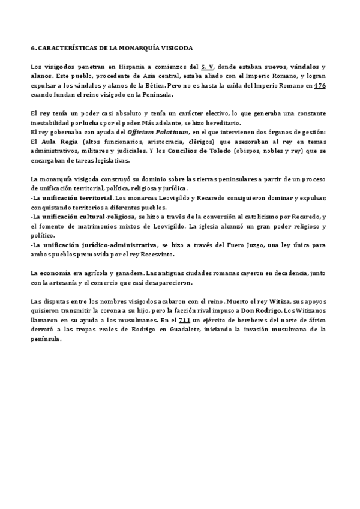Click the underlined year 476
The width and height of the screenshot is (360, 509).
320,85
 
